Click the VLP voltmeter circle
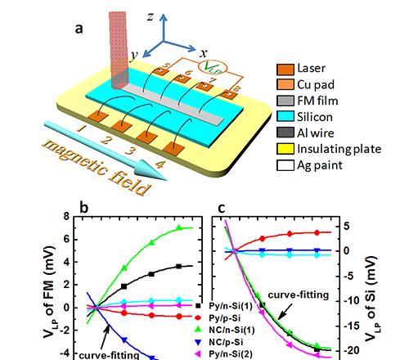[x=212, y=67]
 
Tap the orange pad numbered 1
[x=98, y=117]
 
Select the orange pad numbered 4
[x=173, y=149]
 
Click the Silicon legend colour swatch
[x=285, y=116]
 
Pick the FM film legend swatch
[x=285, y=101]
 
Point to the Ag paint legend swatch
[x=285, y=165]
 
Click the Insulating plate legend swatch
[x=285, y=149]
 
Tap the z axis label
[x=151, y=17]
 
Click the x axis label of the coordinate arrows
[x=203, y=53]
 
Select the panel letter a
[x=79, y=29]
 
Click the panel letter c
[x=222, y=209]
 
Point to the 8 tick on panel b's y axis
[x=66, y=217]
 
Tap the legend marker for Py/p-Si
[x=198, y=317]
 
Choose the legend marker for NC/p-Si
[x=198, y=342]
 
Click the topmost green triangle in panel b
[x=179, y=227]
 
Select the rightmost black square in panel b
[x=178, y=266]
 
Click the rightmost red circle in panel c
[x=317, y=232]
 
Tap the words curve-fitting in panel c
[x=299, y=295]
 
